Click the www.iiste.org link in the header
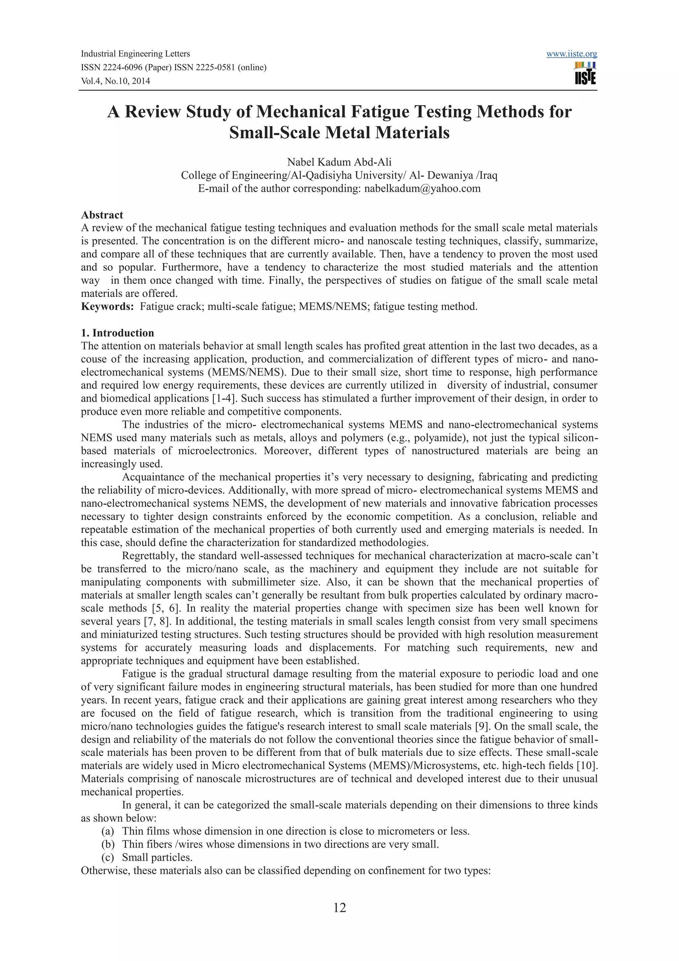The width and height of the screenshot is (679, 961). pos(572,54)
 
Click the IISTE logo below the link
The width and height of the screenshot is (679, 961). pos(585,74)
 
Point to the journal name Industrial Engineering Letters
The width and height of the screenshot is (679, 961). pos(135,54)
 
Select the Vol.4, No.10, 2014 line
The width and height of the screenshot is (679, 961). pos(115,81)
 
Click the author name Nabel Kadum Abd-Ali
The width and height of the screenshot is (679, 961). pos(339,162)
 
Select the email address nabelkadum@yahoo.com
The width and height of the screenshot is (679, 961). pos(422,188)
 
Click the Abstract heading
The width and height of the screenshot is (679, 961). pos(102,215)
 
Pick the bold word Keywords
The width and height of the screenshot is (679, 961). pos(107,306)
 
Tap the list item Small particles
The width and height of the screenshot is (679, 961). pos(157,857)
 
